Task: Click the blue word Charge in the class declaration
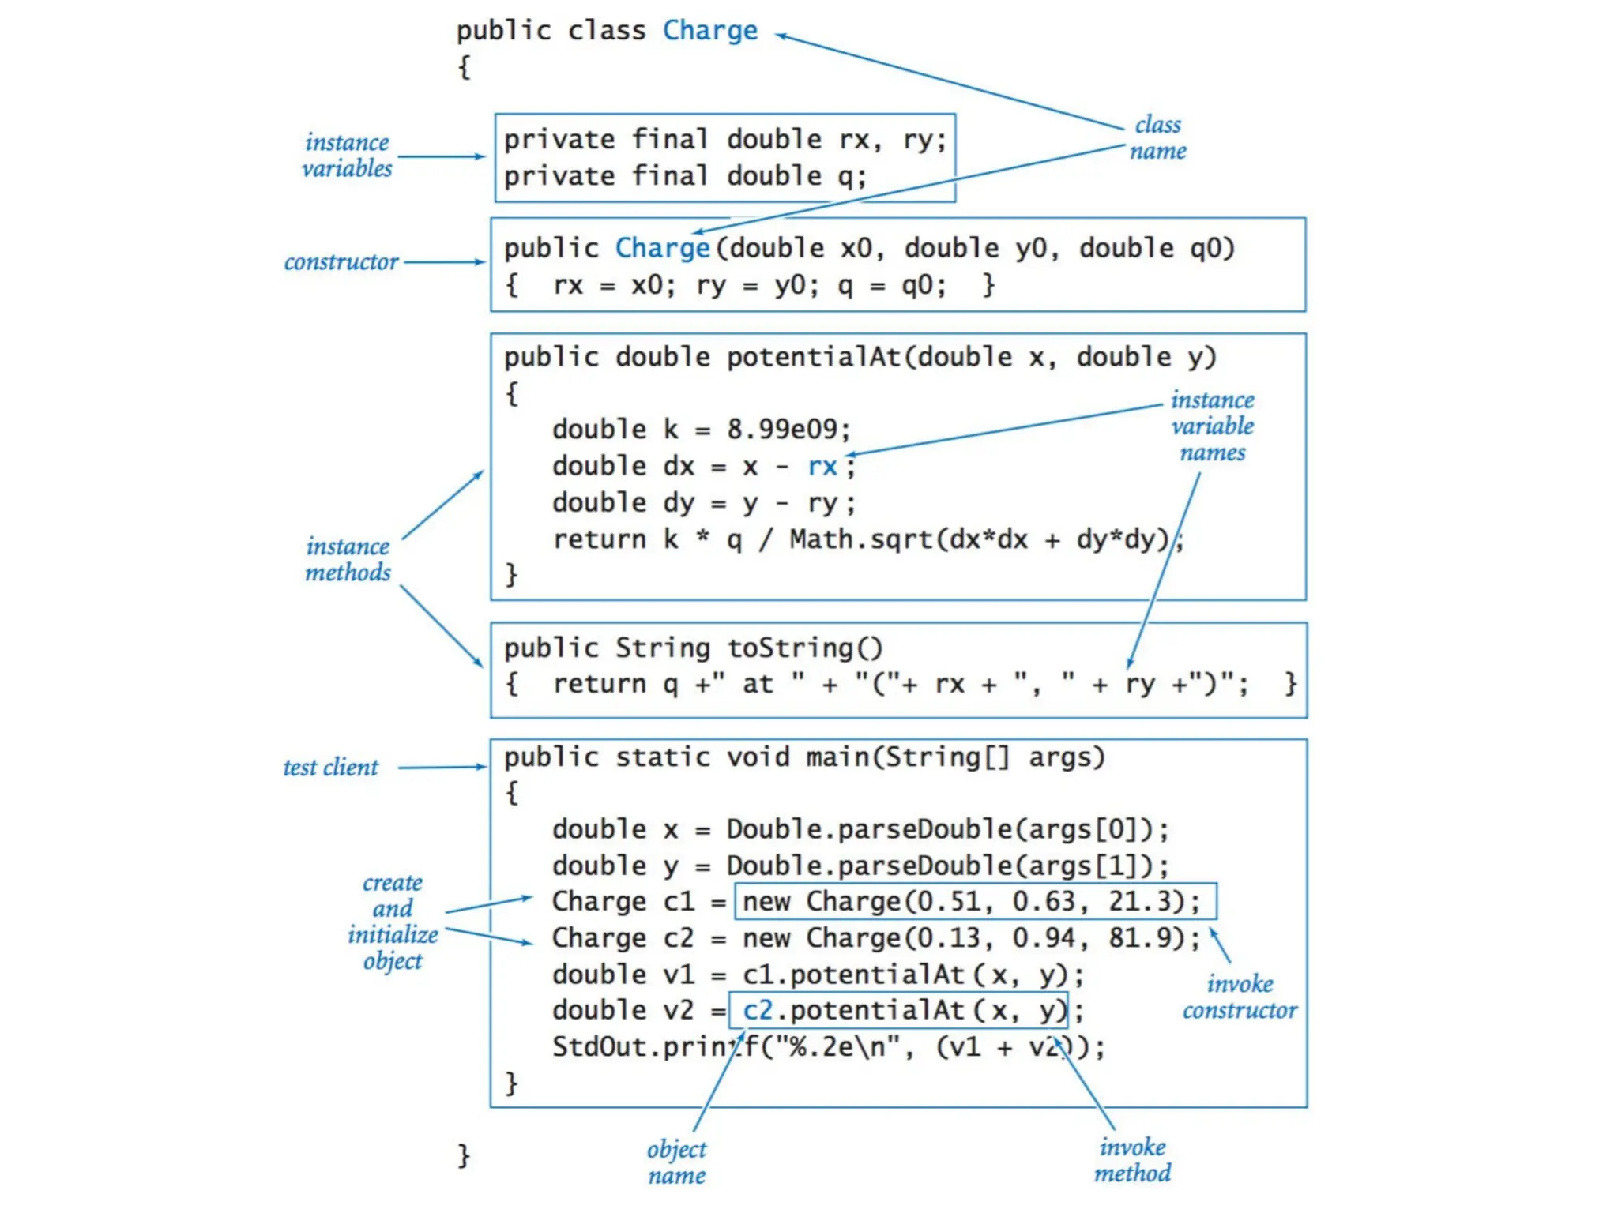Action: [709, 31]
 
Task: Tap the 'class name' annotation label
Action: [1157, 137]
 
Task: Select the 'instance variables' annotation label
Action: [347, 155]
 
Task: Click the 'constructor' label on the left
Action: [341, 261]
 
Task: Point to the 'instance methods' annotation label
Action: [348, 559]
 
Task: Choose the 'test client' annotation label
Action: [331, 767]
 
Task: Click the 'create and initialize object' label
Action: [393, 921]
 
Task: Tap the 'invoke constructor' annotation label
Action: [1239, 997]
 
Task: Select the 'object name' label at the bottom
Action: [677, 1162]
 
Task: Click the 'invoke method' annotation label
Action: [1132, 1159]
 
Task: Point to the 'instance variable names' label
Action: [1212, 426]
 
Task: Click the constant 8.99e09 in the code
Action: [787, 429]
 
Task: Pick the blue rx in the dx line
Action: [822, 466]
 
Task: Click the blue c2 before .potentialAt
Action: [757, 1010]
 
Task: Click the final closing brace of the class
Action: [464, 1155]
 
